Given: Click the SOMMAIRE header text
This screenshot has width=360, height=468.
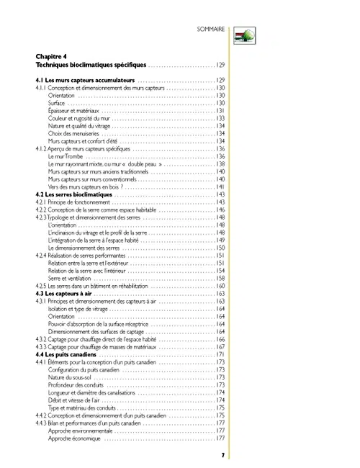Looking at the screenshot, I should pyautogui.click(x=212, y=30).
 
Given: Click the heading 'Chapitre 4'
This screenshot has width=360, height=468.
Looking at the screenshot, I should pyautogui.click(x=51, y=56).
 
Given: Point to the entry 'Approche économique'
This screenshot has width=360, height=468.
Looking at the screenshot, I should pyautogui.click(x=75, y=438).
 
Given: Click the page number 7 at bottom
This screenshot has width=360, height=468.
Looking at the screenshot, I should pyautogui.click(x=223, y=454).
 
